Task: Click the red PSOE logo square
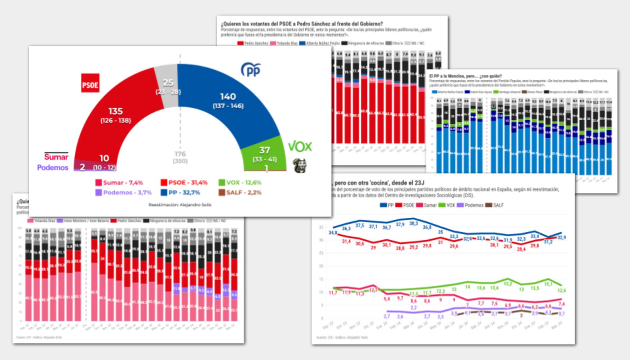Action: [x=90, y=83]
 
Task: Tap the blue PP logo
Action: [x=251, y=70]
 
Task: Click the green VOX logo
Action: [x=300, y=146]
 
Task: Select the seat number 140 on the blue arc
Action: [x=228, y=97]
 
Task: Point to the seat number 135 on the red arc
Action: [x=115, y=111]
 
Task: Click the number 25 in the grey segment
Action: [x=168, y=83]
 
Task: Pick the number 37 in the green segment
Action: [x=265, y=150]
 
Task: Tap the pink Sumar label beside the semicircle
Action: [x=56, y=157]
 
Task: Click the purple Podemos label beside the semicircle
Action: [x=53, y=168]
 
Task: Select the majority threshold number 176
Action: [x=180, y=154]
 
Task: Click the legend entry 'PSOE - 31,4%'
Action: [x=184, y=183]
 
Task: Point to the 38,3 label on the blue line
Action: [x=413, y=223]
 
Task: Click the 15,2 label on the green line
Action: [x=507, y=284]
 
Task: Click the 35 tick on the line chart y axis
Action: [x=321, y=227]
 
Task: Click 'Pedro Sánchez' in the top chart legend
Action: [x=253, y=43]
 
